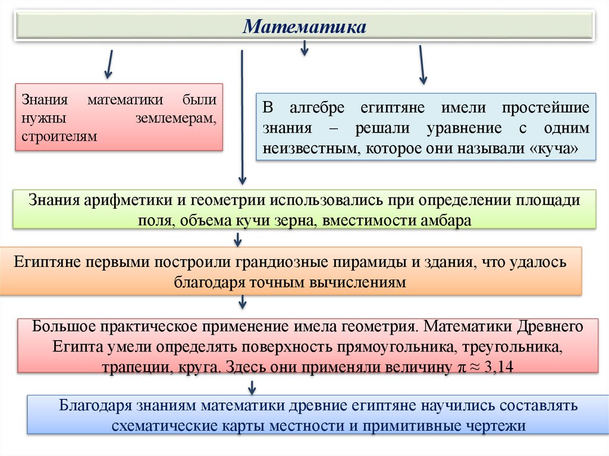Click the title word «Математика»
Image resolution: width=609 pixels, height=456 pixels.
[x=304, y=27]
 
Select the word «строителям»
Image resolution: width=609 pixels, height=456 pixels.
[x=58, y=136]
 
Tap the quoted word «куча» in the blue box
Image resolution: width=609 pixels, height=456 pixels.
[x=551, y=147]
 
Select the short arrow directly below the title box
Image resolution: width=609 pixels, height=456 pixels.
[x=304, y=48]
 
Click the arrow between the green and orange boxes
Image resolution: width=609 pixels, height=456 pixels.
[x=238, y=239]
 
